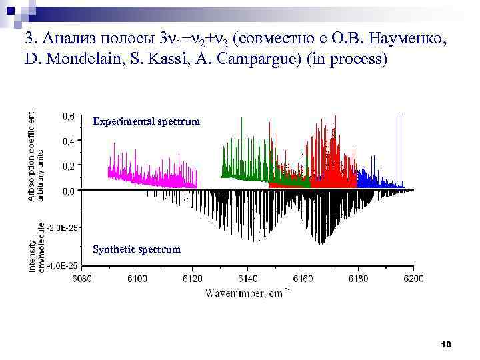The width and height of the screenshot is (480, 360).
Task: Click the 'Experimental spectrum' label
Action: point(146,121)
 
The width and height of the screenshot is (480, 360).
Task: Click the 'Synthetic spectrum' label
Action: point(137,249)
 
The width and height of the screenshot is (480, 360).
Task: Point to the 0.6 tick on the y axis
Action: point(68,116)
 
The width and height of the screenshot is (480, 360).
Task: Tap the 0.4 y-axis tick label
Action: point(68,141)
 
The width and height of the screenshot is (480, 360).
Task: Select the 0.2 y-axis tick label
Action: point(68,165)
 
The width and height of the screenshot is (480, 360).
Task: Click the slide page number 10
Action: point(446,344)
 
